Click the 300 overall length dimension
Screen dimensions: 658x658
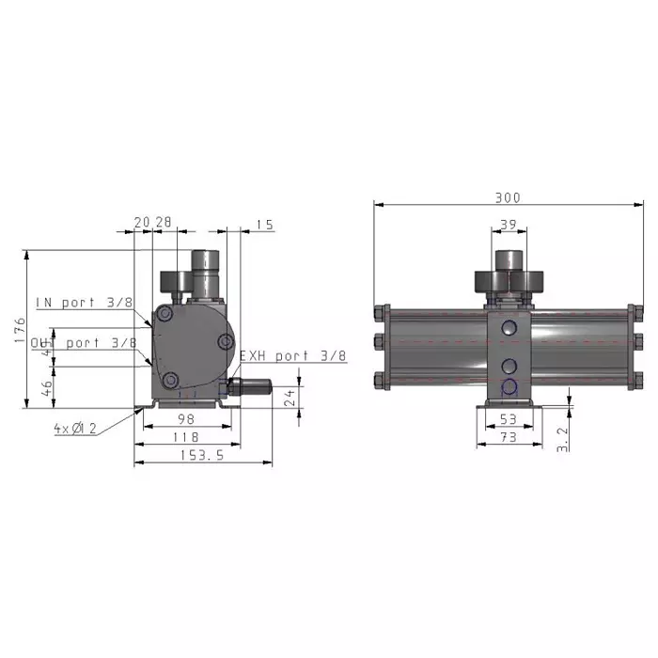[x=508, y=198]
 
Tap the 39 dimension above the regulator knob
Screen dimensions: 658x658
[x=509, y=225]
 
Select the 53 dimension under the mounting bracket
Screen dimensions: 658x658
[x=509, y=419]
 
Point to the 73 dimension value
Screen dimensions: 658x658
[x=509, y=437]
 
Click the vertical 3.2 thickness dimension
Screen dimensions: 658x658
[x=562, y=438]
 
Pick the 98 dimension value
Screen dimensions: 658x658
[x=186, y=419]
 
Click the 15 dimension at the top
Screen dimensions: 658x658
[x=264, y=225]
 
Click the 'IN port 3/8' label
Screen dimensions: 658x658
[x=85, y=303]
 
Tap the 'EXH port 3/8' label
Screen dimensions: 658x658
[x=292, y=356]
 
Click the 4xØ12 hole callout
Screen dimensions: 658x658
[x=75, y=428]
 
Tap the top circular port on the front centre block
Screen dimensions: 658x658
[x=509, y=328]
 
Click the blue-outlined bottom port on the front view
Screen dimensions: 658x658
[x=509, y=387]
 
